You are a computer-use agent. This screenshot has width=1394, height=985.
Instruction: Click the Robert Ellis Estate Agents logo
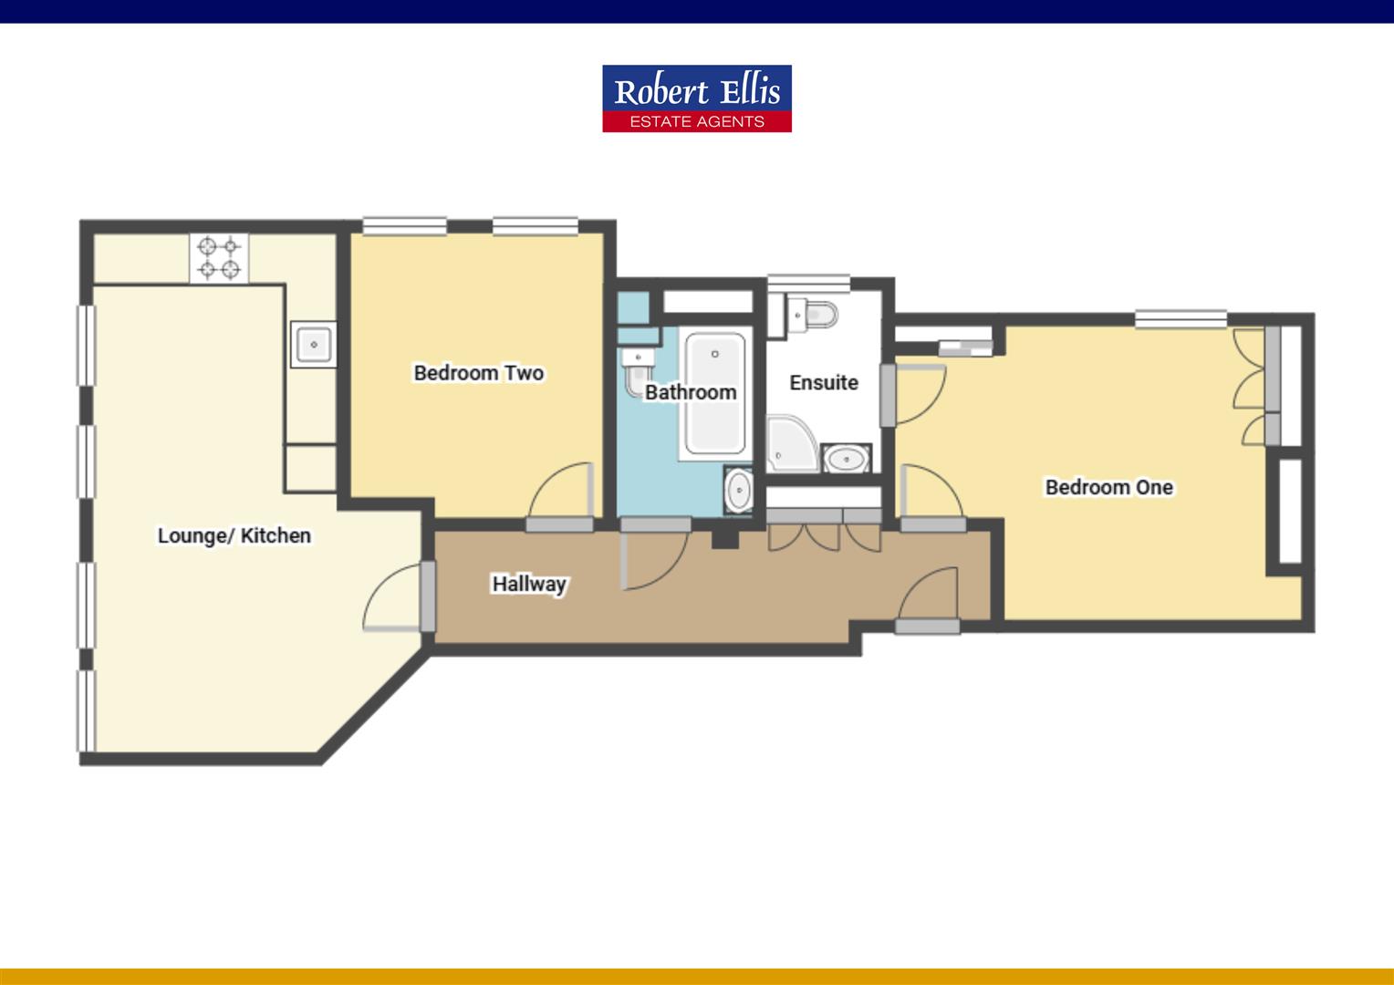pos(696,98)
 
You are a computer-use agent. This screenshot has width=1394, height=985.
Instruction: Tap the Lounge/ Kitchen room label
pos(234,535)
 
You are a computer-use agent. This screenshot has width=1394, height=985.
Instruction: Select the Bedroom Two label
pos(478,373)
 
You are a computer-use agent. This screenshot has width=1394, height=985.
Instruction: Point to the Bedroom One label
pos(1108,487)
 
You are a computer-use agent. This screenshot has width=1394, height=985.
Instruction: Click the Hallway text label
pos(529,584)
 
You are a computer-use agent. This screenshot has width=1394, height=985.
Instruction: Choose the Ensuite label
pos(823,383)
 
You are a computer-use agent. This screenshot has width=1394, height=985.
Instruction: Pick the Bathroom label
pos(690,392)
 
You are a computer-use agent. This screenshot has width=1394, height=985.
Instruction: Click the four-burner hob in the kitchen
pos(219,257)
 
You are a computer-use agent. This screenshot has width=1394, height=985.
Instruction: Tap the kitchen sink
pos(313,344)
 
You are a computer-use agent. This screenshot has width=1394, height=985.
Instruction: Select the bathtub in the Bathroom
pos(715,394)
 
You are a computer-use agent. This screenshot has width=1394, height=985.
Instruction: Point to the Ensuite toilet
pos(814,315)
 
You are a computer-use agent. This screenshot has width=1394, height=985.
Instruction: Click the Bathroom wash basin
pos(738,491)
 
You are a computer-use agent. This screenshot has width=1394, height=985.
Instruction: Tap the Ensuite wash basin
pos(848,458)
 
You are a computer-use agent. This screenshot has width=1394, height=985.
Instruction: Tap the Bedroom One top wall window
pos(1181,319)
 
